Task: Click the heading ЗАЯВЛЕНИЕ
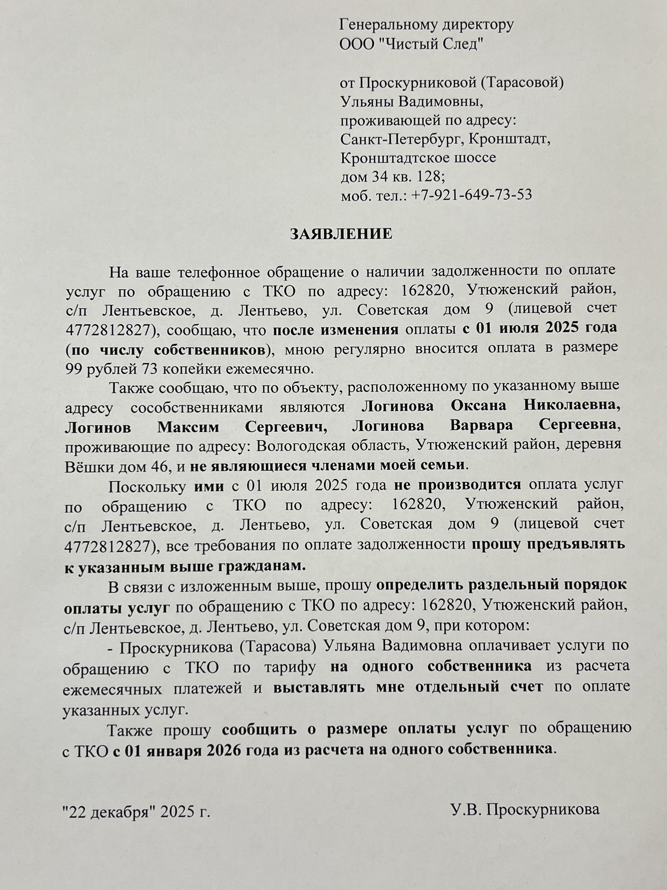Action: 341,234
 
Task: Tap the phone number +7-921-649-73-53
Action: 472,195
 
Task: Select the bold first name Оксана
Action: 478,406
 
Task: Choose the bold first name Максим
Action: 188,427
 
